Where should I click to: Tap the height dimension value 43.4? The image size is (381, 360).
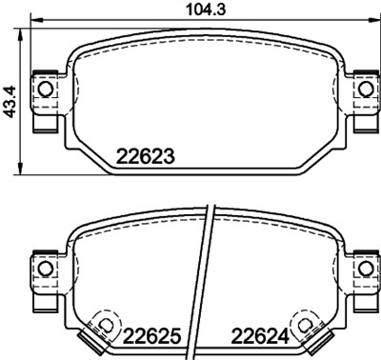(x=10, y=98)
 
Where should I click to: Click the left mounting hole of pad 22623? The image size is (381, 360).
(x=42, y=89)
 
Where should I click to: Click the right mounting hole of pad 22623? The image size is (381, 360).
(x=363, y=89)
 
